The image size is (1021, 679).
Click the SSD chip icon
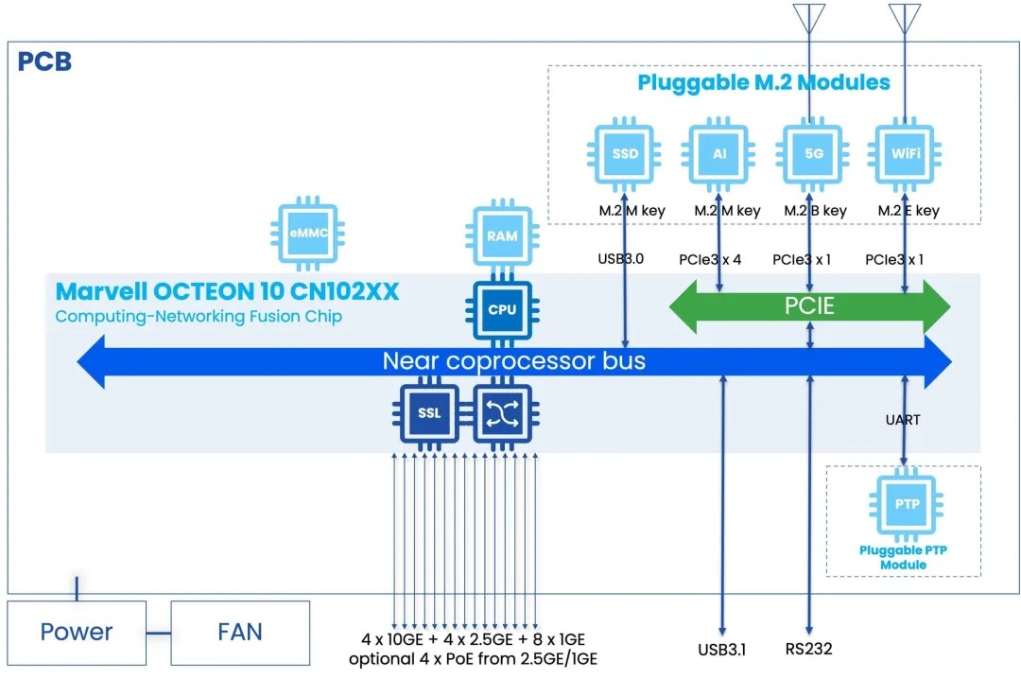[625, 154]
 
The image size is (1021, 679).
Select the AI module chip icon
[719, 154]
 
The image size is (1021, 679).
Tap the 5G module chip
[811, 154]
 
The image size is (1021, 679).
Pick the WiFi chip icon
[905, 154]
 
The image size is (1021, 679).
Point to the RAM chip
[502, 235]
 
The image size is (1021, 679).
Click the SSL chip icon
[429, 412]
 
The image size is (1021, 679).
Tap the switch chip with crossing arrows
[502, 412]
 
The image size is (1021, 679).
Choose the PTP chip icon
[904, 505]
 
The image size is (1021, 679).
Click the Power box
[77, 632]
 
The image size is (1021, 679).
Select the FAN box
[240, 632]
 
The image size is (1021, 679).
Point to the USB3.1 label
[722, 650]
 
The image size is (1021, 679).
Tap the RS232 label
[808, 650]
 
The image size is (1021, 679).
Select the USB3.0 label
[621, 257]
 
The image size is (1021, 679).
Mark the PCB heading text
[44, 63]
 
